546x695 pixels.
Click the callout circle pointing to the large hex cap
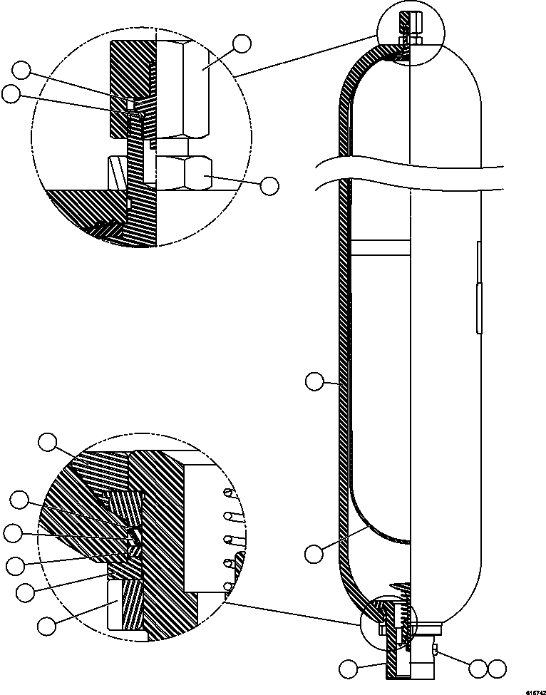point(242,43)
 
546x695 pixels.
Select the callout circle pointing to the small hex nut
point(269,185)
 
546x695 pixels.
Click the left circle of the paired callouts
point(478,669)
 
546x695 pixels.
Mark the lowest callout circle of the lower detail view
point(47,626)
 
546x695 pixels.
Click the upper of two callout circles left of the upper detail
point(23,70)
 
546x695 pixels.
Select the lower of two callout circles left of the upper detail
point(11,93)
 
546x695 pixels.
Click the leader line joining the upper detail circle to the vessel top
point(307,53)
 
